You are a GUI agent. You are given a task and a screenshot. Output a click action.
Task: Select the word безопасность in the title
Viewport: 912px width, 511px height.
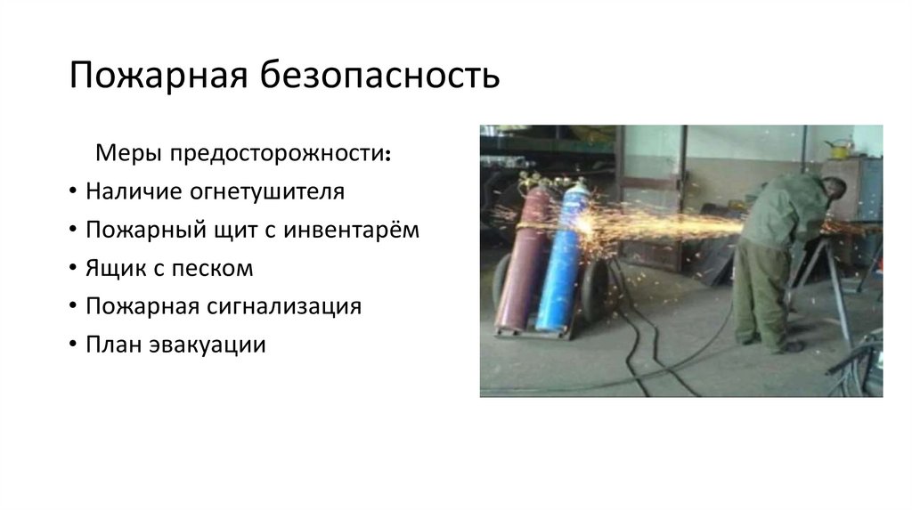[379, 77]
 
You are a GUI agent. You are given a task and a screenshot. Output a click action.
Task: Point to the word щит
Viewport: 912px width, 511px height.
[232, 230]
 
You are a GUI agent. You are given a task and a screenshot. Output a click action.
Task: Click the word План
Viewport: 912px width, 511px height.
[112, 345]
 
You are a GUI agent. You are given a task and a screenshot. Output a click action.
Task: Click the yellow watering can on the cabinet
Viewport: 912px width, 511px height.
[837, 147]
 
